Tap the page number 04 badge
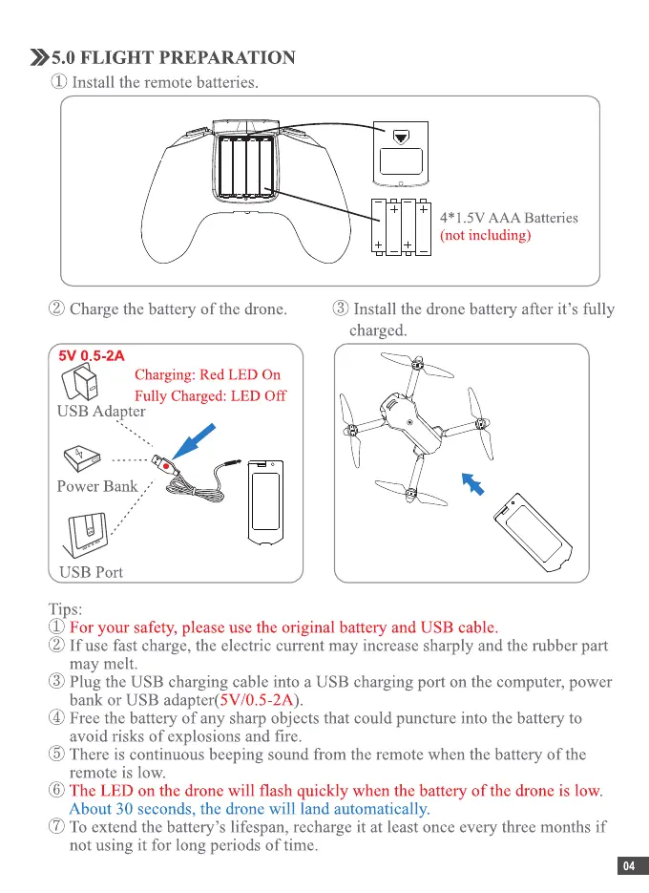628,866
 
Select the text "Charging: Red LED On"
207,374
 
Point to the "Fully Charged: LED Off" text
210,395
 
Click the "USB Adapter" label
101,412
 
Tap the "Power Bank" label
97,486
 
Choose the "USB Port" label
92,572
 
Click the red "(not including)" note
484,235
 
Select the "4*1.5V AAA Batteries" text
508,218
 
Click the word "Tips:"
66,608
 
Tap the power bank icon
80,457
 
